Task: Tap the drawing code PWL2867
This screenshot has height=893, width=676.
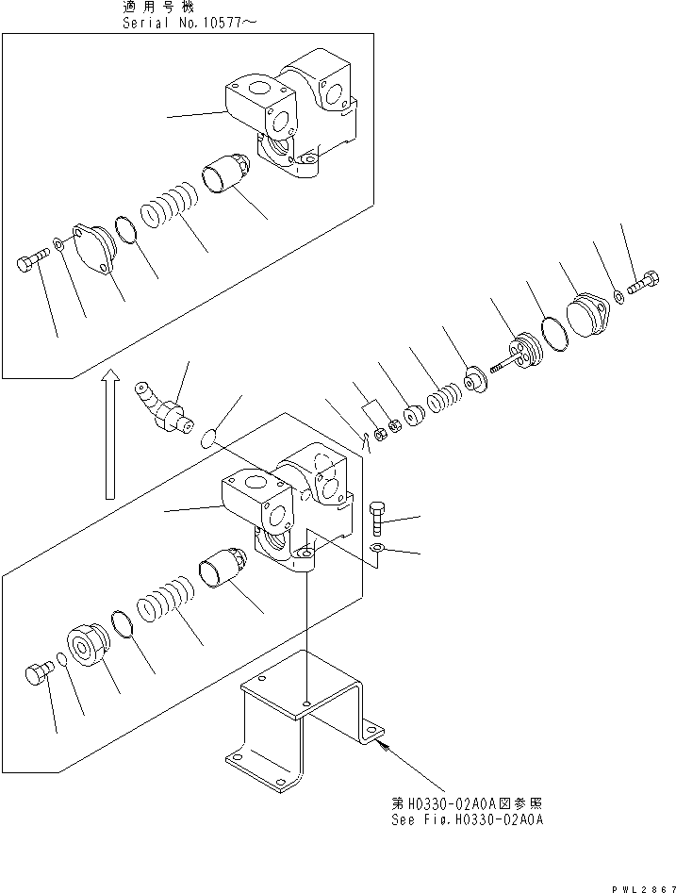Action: tap(638, 885)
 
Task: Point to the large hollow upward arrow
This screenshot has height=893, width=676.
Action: tap(110, 433)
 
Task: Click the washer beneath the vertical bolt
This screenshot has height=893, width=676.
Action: tap(377, 549)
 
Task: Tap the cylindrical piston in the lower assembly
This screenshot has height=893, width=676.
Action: tap(223, 574)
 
